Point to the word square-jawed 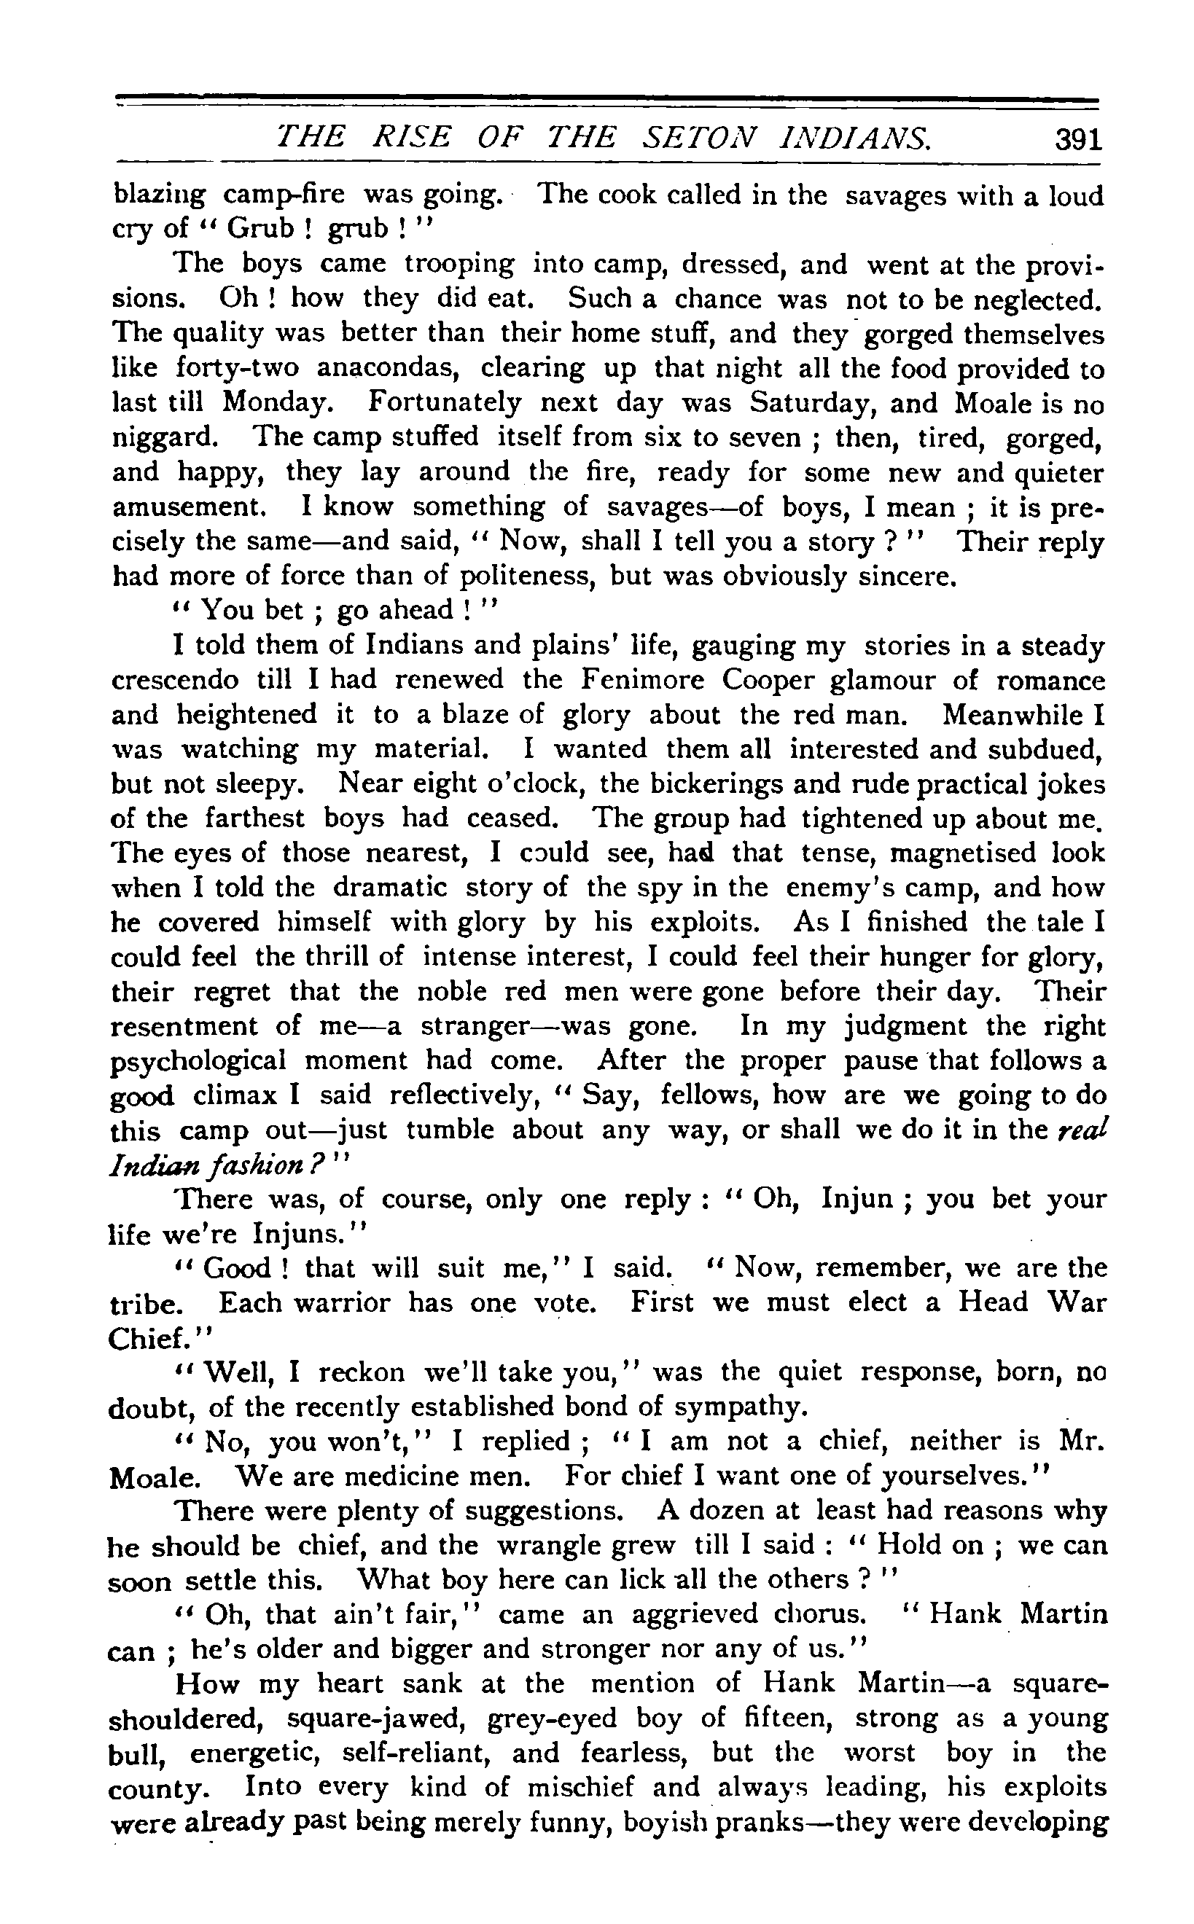380,1718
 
